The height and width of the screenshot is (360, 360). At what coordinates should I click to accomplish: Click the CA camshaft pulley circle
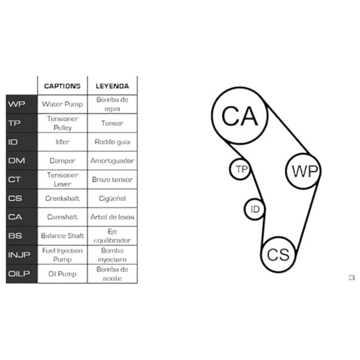240,116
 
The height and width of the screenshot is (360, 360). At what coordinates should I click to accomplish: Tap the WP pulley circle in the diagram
305,171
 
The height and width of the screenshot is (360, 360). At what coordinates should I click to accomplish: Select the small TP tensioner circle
240,169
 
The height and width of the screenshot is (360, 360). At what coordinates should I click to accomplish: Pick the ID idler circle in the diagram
255,209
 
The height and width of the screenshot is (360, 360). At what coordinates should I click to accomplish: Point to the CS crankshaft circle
278,255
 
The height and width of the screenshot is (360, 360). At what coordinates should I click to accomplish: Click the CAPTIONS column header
62,86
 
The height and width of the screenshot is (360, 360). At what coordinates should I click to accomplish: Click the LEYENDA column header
111,86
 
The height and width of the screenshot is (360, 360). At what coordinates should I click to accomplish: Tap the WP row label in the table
17,104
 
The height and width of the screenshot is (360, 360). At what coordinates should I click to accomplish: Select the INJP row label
20,255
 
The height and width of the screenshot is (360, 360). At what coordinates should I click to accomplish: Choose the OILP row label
20,274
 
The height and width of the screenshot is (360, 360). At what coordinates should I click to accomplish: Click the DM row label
17,160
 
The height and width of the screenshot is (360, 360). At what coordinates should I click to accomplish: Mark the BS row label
16,236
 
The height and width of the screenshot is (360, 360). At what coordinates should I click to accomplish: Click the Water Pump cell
62,104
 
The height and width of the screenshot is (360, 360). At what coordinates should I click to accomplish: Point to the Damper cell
62,160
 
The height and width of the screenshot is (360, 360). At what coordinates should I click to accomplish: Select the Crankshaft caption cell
62,198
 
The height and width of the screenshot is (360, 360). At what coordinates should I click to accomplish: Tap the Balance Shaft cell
62,236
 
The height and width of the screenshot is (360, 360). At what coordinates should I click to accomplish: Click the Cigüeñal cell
111,198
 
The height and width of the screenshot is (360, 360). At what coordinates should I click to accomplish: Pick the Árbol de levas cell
111,217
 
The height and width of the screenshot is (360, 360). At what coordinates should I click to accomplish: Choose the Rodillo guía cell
111,142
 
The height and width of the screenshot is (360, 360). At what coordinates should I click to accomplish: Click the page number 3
351,277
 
